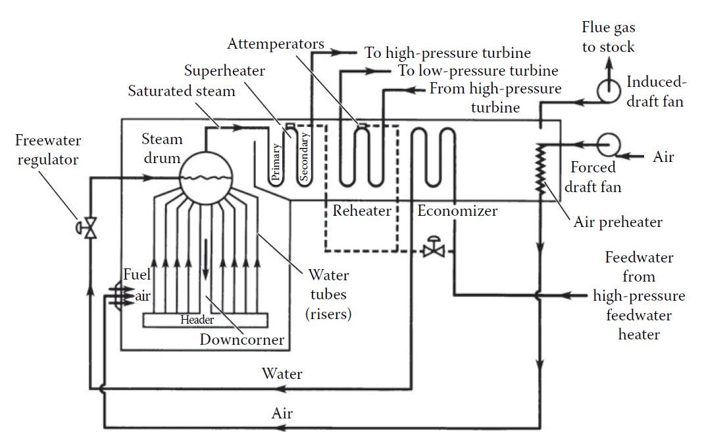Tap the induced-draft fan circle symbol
pos(607,89)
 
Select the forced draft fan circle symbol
pos(608,144)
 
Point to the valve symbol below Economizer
pos(434,249)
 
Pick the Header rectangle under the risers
pos(205,320)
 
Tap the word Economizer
pos(457,211)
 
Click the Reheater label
pos(362,211)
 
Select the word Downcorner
pos(242,339)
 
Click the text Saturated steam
pos(182,91)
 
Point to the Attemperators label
pos(276,44)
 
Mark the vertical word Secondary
pos(304,156)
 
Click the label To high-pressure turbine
pos(448,53)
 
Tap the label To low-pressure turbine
pos(478,70)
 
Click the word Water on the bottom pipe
pos(282,374)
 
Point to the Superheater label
pos(224,70)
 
